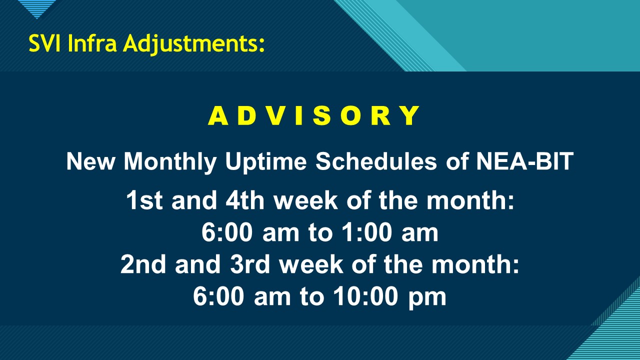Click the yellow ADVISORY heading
tap(313, 115)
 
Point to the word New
tap(90, 161)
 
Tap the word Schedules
tap(376, 161)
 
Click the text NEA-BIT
tap(524, 161)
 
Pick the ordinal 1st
tap(144, 200)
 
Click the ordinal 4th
tap(245, 200)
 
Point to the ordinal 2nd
tap(143, 264)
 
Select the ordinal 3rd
tap(250, 264)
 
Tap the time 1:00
tap(367, 233)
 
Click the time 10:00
tap(365, 297)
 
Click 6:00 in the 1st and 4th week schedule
tap(227, 233)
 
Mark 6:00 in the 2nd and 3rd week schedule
tap(218, 297)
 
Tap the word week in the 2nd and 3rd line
tap(311, 264)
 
